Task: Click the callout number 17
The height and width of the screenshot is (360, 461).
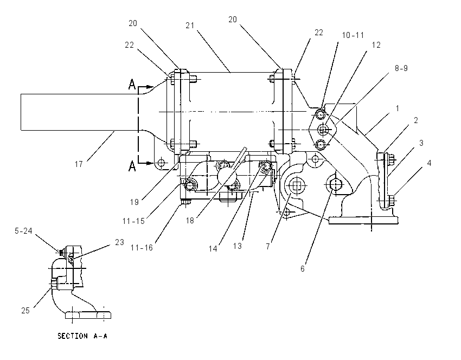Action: point(79,164)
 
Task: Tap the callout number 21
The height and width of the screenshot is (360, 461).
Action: point(190,25)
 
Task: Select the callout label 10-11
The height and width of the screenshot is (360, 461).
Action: point(353,35)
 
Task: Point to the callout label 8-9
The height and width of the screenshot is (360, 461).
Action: point(401,68)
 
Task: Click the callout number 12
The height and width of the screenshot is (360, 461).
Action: point(376,45)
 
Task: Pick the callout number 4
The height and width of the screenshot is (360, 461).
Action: point(429,163)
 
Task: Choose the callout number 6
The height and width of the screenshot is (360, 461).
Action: point(303,268)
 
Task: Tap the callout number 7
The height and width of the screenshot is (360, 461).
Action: point(268,246)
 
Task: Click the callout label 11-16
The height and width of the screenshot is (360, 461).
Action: point(142,248)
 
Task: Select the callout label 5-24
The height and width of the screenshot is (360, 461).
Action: point(23,231)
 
